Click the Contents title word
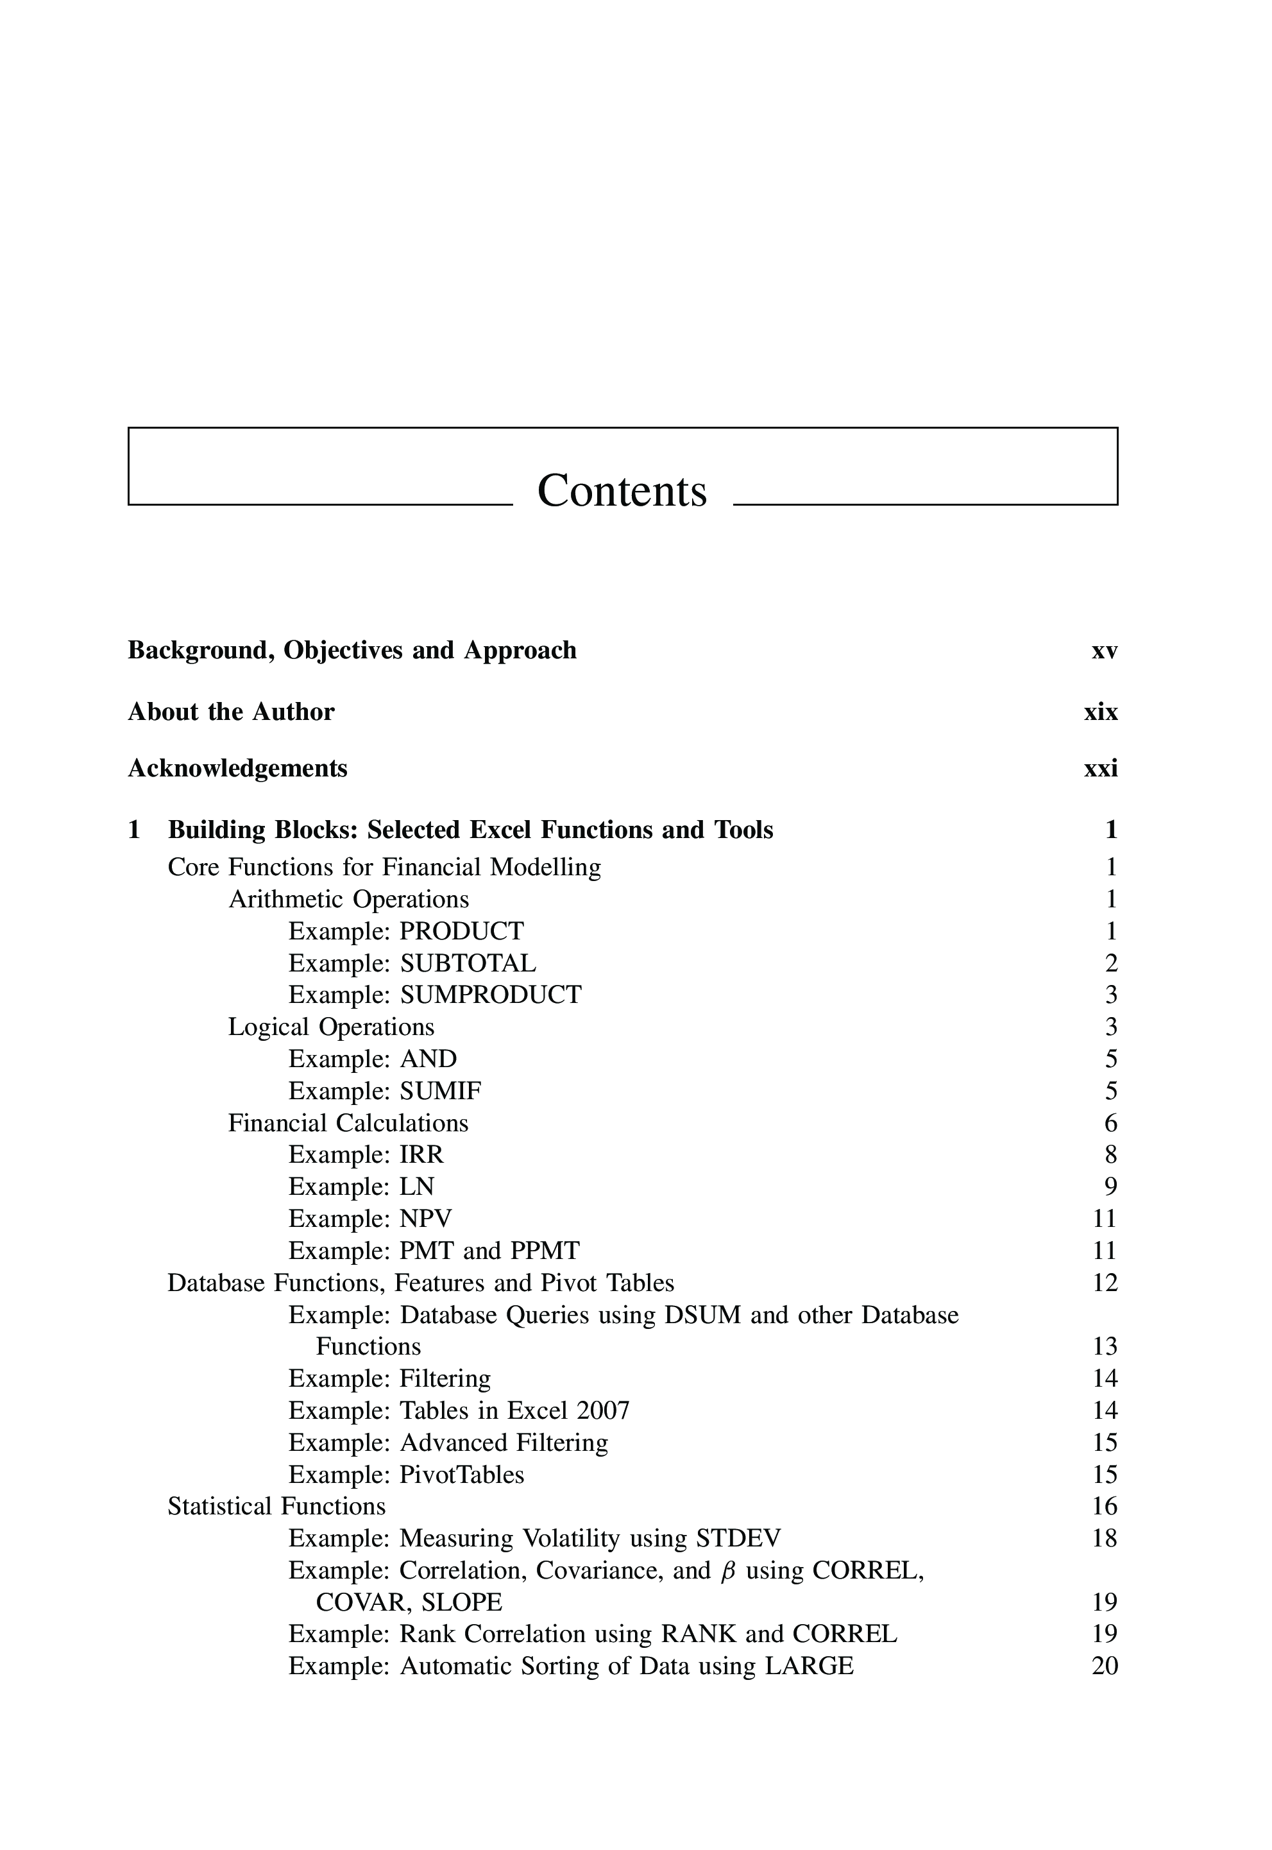(622, 490)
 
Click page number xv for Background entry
(1104, 651)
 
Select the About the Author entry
(231, 712)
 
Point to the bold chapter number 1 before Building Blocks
(134, 830)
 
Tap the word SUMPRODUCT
(490, 995)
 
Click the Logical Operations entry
(331, 1027)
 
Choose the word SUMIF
(440, 1090)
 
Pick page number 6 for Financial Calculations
(1111, 1123)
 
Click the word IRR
(421, 1154)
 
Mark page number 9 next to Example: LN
(1111, 1187)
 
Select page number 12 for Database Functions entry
(1105, 1283)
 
